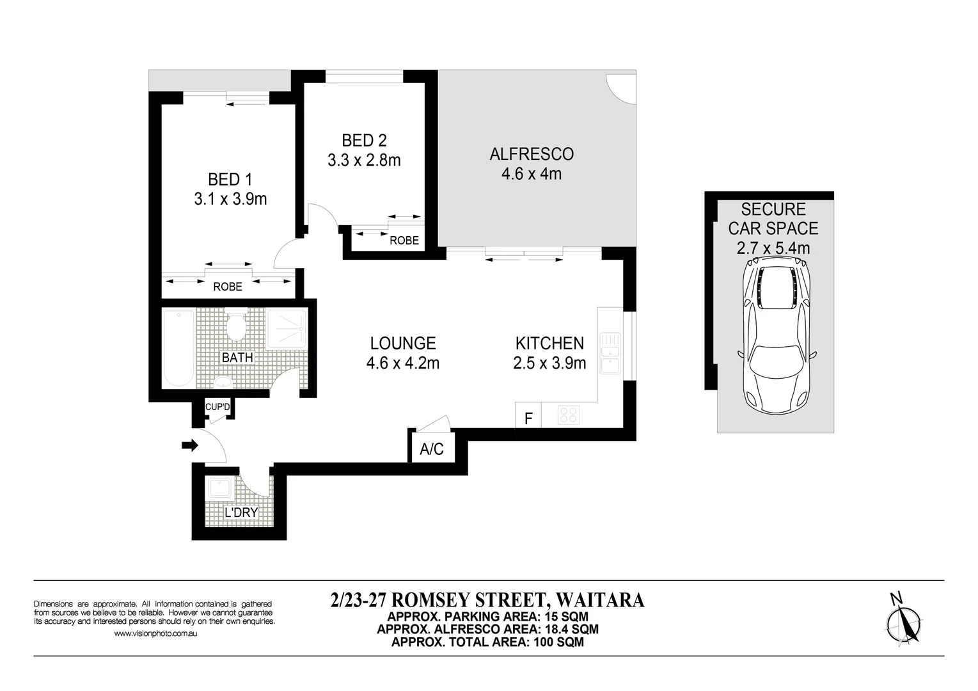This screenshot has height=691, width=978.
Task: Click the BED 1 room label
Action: click(230, 179)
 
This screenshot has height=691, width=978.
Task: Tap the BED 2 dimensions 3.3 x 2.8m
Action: click(364, 160)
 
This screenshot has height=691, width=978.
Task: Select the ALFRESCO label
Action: click(531, 154)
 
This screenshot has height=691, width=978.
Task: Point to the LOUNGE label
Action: click(402, 344)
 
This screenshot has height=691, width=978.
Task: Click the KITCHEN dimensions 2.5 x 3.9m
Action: click(549, 363)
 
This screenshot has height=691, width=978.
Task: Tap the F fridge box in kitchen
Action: click(528, 418)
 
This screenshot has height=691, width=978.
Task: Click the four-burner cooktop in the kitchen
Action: click(568, 415)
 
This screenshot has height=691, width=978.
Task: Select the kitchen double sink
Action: click(610, 352)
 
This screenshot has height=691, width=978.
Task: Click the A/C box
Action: click(432, 449)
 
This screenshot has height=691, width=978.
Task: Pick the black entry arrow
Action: click(190, 445)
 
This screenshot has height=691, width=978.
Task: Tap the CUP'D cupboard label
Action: click(217, 407)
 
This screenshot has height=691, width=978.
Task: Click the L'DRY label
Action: click(241, 512)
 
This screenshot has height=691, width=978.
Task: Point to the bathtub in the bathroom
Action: click(178, 347)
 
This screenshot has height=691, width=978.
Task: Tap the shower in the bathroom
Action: click(286, 329)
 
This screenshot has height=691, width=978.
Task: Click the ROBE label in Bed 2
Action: click(404, 241)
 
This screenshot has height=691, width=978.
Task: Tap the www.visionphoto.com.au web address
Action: click(155, 633)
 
